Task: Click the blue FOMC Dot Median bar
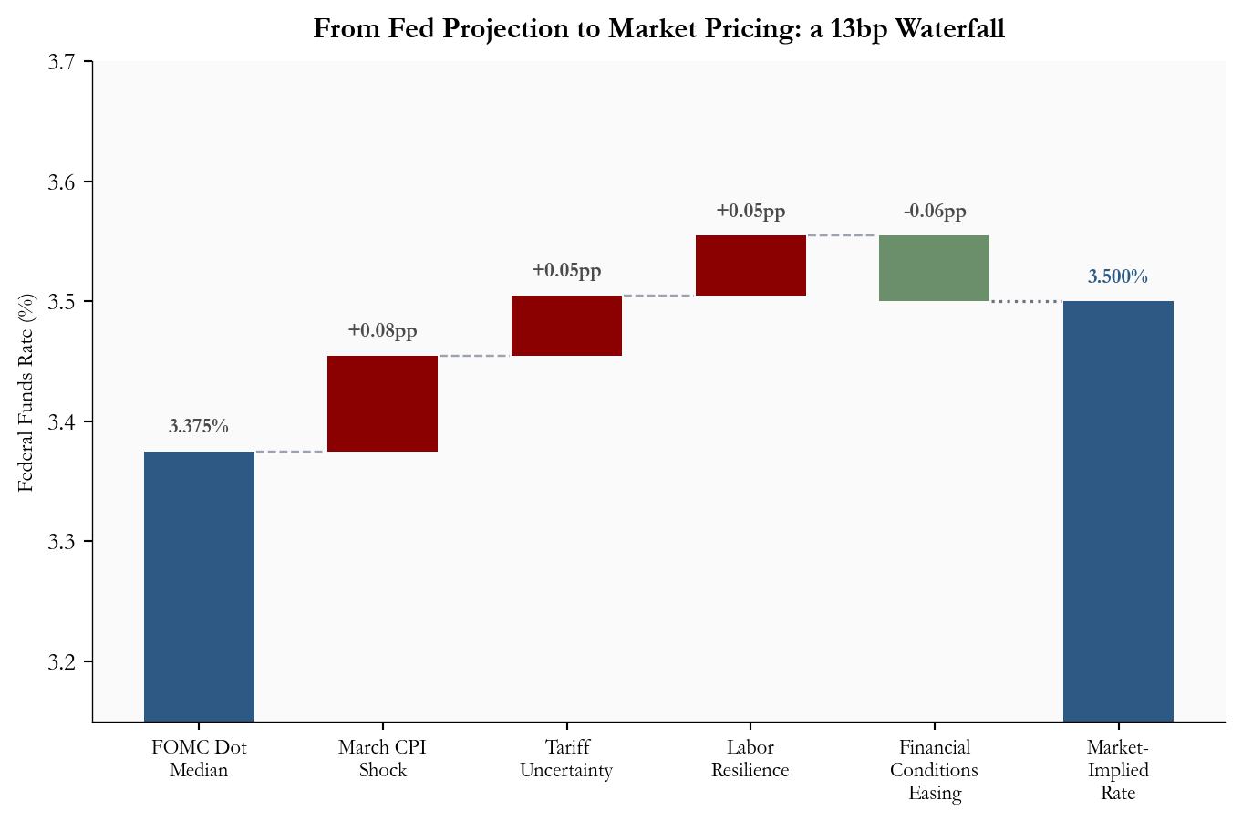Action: pos(199,586)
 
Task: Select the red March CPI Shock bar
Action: pos(382,403)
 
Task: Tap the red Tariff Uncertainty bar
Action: pos(566,326)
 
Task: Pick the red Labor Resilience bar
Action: pos(750,265)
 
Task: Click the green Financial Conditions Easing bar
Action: pos(934,268)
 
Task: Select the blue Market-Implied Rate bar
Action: pos(1118,511)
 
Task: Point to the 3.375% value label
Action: pos(199,426)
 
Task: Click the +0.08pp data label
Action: pos(382,330)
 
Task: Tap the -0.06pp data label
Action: pos(934,212)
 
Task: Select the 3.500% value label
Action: pos(1118,276)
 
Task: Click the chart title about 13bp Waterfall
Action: pos(658,29)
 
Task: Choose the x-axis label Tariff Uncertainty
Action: pos(566,759)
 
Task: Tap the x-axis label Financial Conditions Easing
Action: pos(934,770)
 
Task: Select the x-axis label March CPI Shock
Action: pos(382,759)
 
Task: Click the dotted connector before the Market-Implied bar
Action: pos(1026,301)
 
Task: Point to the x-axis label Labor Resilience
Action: pos(750,759)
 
